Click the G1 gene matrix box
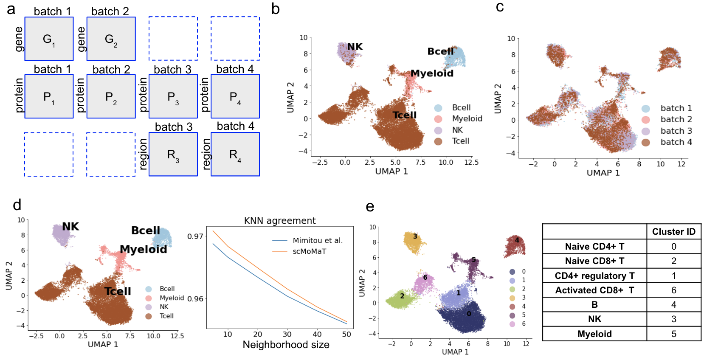click(x=49, y=39)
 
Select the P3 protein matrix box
click(x=173, y=97)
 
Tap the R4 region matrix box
click(x=235, y=155)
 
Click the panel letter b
click(x=276, y=9)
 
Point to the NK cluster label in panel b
click(x=355, y=47)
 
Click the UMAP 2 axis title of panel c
click(x=498, y=98)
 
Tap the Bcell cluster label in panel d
click(x=145, y=231)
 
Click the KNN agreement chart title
click(x=279, y=221)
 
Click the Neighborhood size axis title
click(x=286, y=345)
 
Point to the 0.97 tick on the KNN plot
click(x=195, y=236)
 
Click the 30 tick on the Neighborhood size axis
click(x=287, y=334)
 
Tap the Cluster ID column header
click(x=673, y=232)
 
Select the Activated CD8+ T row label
click(x=594, y=290)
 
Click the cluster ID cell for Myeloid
click(x=673, y=334)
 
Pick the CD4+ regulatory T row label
click(x=594, y=276)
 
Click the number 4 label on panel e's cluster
click(x=517, y=240)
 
